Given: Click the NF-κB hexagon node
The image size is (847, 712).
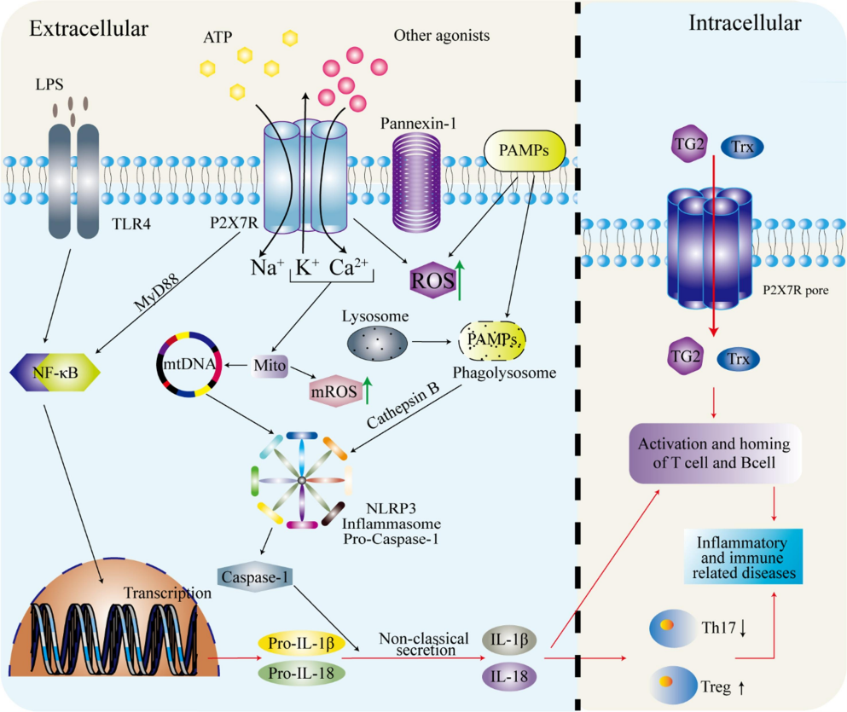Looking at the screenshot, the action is [55, 372].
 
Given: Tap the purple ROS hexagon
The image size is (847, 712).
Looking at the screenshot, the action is [432, 280].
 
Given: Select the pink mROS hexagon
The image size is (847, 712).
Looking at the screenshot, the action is [334, 391].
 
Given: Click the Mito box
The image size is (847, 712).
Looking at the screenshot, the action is [270, 366].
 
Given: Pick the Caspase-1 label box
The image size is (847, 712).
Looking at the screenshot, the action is [255, 577].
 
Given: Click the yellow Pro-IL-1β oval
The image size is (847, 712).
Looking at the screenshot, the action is [301, 643].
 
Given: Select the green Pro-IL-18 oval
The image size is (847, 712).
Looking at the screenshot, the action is [301, 673].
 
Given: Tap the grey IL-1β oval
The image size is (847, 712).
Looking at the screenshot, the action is [509, 640].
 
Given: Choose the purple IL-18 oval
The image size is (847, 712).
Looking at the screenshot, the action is [509, 676].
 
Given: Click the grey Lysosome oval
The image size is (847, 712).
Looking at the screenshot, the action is [377, 342].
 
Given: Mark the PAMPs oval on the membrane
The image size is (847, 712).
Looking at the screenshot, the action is [525, 151].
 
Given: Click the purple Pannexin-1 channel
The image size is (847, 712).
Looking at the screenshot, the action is [416, 182].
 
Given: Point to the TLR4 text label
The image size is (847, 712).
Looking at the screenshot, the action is [131, 223].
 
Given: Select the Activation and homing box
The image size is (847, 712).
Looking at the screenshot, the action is [715, 453].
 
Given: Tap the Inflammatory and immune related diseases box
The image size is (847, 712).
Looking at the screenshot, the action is [743, 557].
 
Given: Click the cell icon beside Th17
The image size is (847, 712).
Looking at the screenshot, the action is [673, 628].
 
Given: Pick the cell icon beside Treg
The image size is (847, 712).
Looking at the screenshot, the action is [673, 685].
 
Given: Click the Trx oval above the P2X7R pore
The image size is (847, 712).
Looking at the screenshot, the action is [742, 147].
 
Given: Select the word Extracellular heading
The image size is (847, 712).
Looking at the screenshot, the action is [89, 29].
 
